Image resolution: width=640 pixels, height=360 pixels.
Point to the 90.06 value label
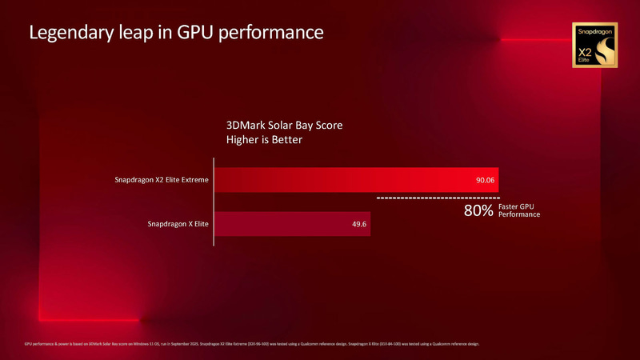coord(486,181)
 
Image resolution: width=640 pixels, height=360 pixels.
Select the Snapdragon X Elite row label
coord(178,224)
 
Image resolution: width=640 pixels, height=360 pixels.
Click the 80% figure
coord(478,211)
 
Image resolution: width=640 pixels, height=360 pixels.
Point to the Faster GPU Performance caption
coord(518,211)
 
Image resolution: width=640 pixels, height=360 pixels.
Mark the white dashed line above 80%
coord(438,197)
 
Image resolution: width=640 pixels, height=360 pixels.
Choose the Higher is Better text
coord(266,140)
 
